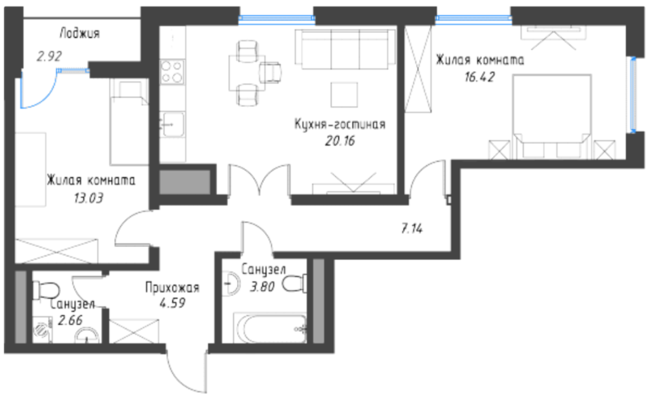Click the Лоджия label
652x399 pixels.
tap(80, 34)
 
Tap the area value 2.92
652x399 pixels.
tap(50, 56)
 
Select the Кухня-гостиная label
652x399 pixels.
tap(340, 124)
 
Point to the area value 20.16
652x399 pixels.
tap(340, 141)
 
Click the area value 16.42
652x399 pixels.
tap(479, 77)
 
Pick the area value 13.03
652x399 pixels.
tap(88, 198)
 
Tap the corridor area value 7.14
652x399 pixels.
tap(412, 228)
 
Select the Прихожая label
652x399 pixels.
tap(172, 288)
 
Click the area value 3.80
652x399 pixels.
tap(262, 286)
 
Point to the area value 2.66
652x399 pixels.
tap(70, 321)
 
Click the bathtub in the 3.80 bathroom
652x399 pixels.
tap(270, 329)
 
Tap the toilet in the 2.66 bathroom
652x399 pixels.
tap(46, 290)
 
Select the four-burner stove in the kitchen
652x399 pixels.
tap(173, 72)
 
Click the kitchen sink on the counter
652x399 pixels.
tap(172, 124)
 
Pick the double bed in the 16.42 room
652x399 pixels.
tap(552, 116)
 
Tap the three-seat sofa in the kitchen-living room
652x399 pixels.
tap(345, 49)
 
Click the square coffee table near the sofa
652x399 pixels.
tap(344, 95)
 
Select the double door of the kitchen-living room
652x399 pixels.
tap(259, 179)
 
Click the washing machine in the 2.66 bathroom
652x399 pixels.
tap(42, 330)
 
